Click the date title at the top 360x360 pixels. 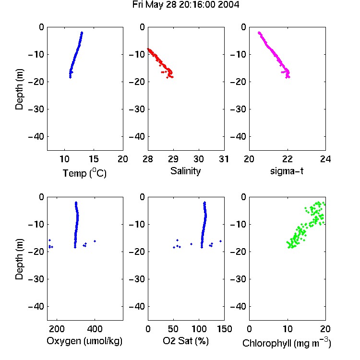coord(186,5)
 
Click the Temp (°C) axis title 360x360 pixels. coord(84,173)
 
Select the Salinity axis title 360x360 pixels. coord(185,171)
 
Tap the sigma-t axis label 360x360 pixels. coord(287,171)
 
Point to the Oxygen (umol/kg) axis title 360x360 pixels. coord(84,341)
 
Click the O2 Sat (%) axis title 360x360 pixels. coord(186,341)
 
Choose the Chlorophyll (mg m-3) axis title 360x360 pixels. coord(287,343)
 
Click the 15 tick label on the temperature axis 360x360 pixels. coord(94,159)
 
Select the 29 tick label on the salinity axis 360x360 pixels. coord(173,159)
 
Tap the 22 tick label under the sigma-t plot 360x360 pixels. coord(287,159)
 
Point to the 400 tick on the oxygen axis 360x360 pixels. coord(95,329)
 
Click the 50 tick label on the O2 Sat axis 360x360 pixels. coord(173,329)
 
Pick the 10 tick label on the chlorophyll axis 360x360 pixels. coord(287,329)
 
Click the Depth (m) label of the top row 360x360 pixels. coord(19,89)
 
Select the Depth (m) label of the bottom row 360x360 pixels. coord(19,259)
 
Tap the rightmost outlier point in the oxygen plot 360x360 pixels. coord(95,241)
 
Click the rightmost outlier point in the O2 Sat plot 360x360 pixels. coord(220,241)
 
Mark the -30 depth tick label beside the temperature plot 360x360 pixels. coord(36,109)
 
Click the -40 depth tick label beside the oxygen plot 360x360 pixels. coord(36,306)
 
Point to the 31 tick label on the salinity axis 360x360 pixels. coord(224,159)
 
